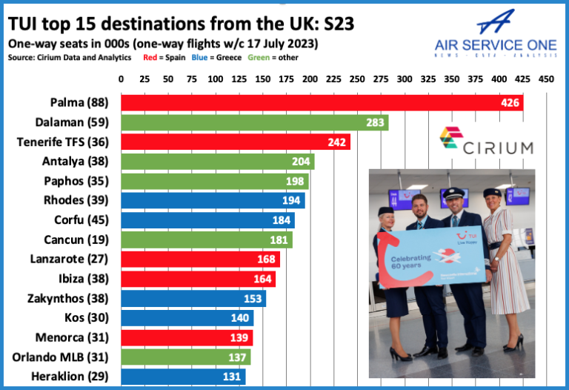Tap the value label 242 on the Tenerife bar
point(337,142)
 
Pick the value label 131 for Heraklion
point(233,377)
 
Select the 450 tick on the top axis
point(545,79)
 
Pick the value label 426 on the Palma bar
point(510,103)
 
